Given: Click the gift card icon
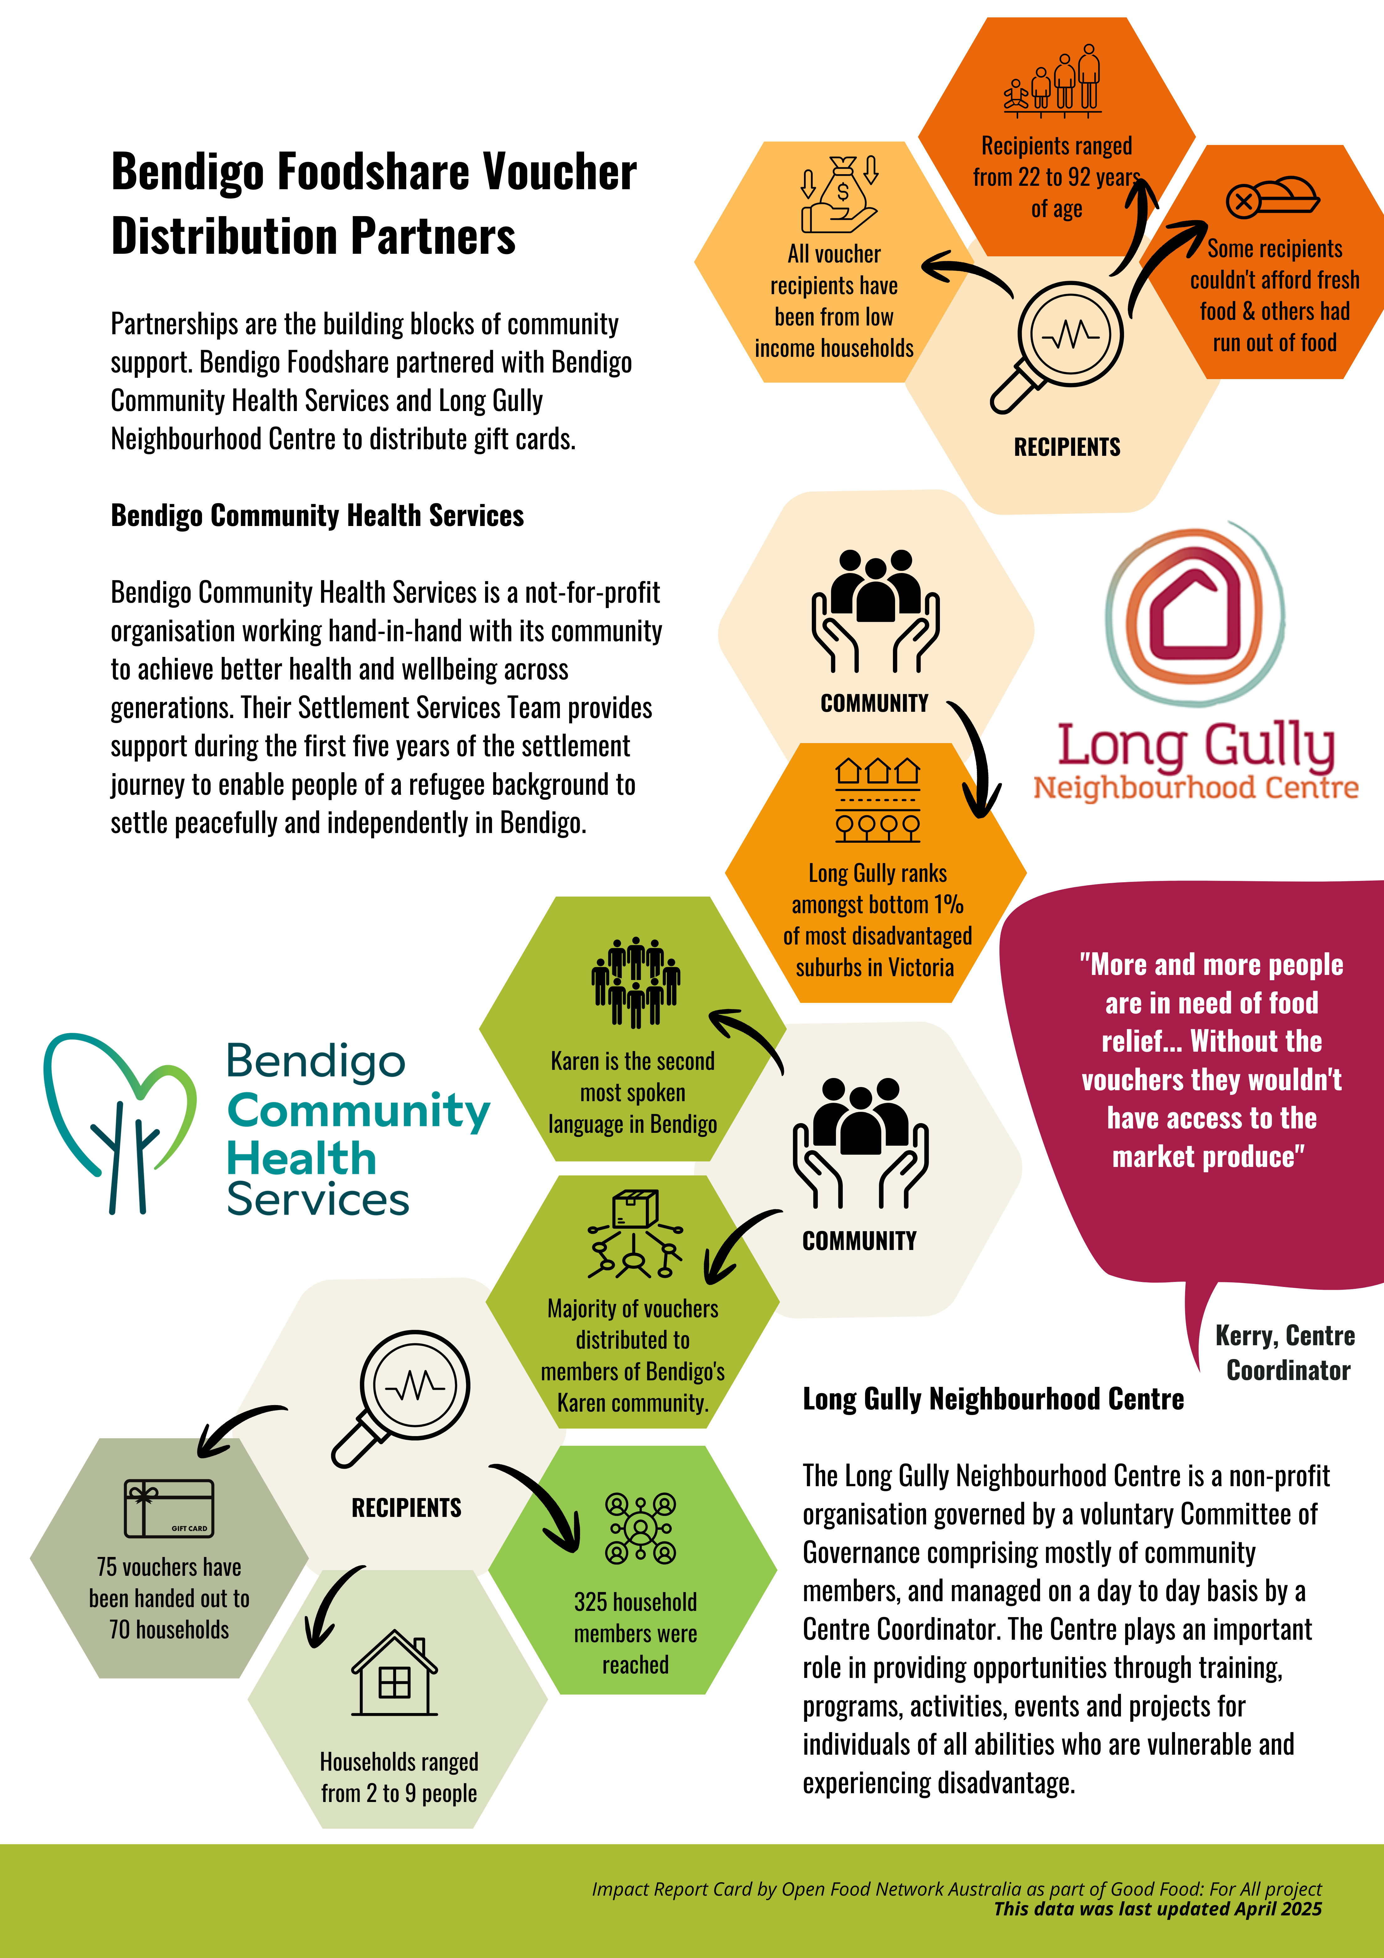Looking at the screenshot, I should (169, 1508).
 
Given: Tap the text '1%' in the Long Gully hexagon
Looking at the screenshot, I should (947, 904).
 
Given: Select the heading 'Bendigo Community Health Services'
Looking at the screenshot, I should (317, 516).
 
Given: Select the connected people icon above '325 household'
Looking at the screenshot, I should (640, 1528).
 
